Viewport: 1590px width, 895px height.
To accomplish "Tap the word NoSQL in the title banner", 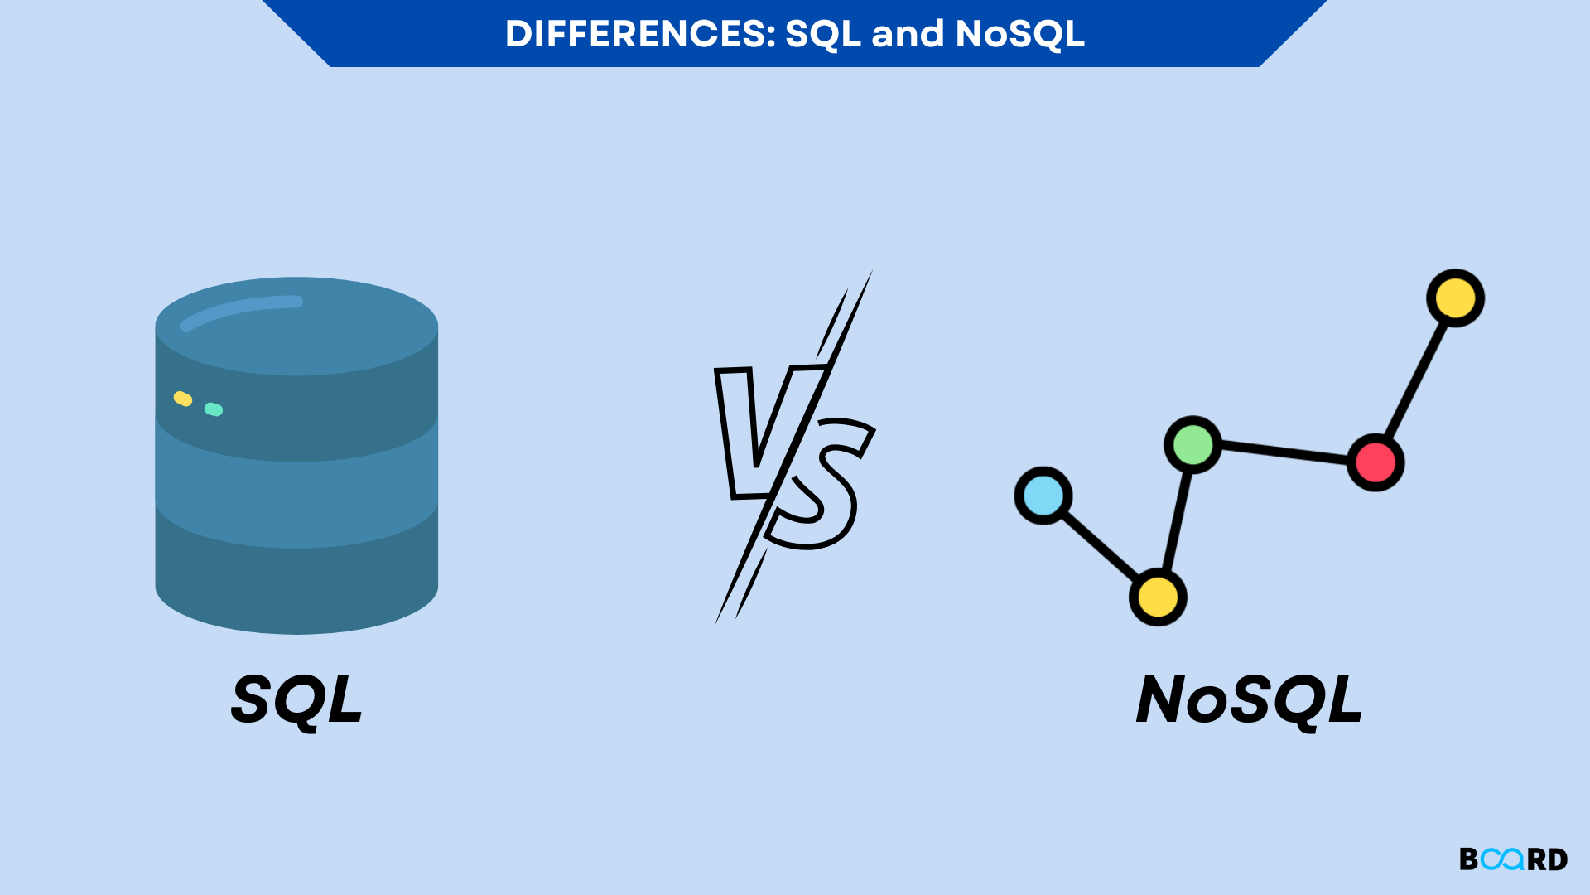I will [x=1019, y=34].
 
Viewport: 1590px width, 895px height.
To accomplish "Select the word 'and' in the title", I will [x=908, y=34].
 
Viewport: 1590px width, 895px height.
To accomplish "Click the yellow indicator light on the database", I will [x=183, y=399].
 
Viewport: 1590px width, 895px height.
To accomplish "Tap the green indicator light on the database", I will [x=214, y=409].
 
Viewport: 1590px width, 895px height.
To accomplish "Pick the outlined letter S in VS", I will [x=820, y=489].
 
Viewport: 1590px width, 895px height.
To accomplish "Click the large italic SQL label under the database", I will [x=296, y=700].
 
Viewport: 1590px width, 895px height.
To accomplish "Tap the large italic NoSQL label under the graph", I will [x=1249, y=700].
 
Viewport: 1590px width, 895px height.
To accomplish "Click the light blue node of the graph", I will [x=1043, y=496].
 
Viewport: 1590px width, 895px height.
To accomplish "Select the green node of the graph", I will [x=1193, y=445].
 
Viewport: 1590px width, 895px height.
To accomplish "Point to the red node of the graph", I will [x=1376, y=462].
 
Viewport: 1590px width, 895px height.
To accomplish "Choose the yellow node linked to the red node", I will [x=1455, y=298].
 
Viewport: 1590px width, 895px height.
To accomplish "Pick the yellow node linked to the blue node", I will [x=1158, y=597].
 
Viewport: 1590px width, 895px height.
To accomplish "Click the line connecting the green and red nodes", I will [x=1284, y=453].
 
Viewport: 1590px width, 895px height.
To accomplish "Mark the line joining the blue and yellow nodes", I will [x=1101, y=546].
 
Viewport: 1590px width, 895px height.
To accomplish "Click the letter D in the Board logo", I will [x=1557, y=859].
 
